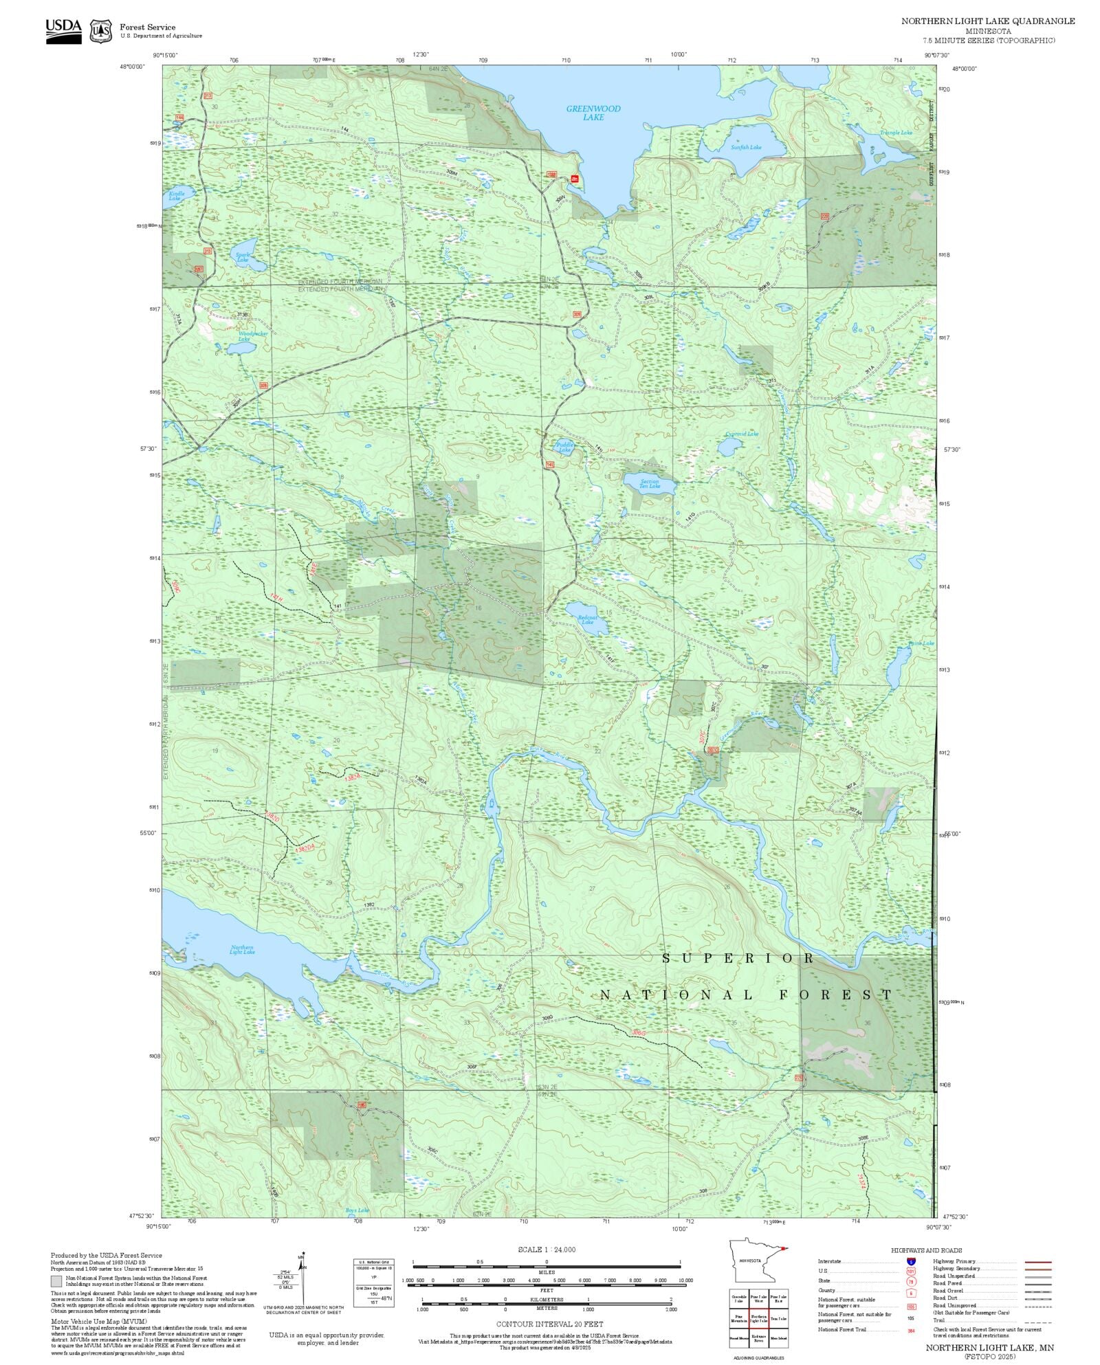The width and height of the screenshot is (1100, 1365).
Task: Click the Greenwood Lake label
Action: coord(593,113)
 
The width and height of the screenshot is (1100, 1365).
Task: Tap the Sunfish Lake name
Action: coord(745,147)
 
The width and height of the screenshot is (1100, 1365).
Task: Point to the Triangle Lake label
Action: coord(896,133)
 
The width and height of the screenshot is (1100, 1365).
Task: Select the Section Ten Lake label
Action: coord(649,484)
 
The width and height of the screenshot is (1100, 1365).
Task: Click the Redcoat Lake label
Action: coord(587,619)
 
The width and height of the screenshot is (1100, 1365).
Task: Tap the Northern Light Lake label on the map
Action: coord(242,950)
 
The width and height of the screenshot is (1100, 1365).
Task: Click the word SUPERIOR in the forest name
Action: coord(738,958)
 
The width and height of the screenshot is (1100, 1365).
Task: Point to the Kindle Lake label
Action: coord(177,196)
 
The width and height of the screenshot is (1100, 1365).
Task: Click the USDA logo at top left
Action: coord(63,30)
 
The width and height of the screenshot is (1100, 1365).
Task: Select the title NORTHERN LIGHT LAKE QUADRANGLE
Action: coord(988,21)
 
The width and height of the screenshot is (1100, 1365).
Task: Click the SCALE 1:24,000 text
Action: coord(547,1250)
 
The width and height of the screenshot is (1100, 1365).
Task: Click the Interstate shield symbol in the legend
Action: coord(910,1262)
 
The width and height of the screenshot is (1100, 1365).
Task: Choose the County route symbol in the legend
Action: coord(910,1291)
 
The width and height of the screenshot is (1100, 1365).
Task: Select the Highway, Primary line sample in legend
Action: coord(1037,1262)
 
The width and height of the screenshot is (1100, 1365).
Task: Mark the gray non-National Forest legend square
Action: coord(56,1281)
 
